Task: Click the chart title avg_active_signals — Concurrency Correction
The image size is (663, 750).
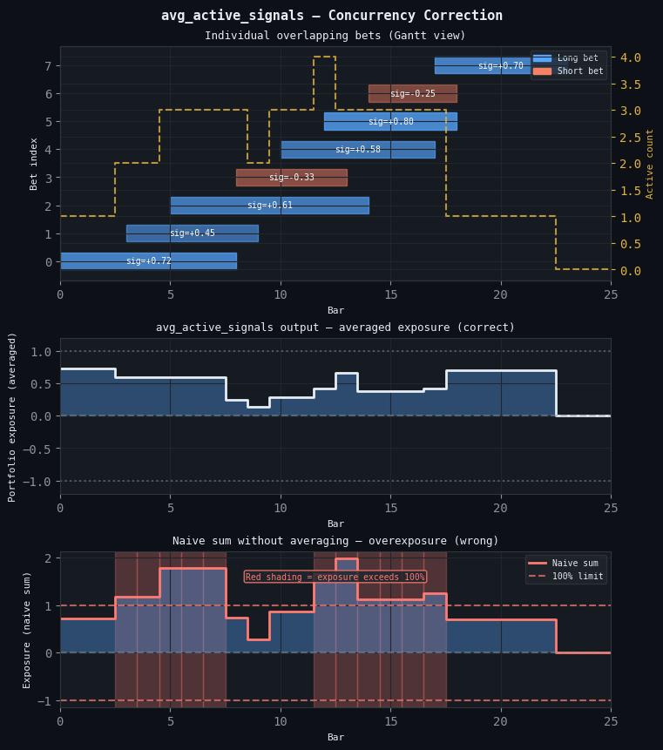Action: pos(331,16)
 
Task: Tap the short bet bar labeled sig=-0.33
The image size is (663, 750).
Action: pos(291,178)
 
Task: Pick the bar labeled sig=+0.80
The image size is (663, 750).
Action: pos(390,122)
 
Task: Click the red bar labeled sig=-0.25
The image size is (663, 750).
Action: pos(412,94)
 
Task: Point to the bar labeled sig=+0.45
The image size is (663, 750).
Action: pos(192,233)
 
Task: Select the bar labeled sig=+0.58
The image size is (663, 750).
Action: pos(357,150)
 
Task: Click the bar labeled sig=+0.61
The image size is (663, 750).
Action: pos(269,206)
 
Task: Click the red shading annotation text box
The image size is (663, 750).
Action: pos(335,577)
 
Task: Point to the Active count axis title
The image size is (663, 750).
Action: pos(650,163)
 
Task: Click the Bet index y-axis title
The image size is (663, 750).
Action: pos(34,163)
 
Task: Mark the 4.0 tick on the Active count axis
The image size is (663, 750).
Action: pos(631,57)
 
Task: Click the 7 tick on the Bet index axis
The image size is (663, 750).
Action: pos(47,66)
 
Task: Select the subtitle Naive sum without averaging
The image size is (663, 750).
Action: pos(335,541)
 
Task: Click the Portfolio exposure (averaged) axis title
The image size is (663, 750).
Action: pos(12,416)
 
